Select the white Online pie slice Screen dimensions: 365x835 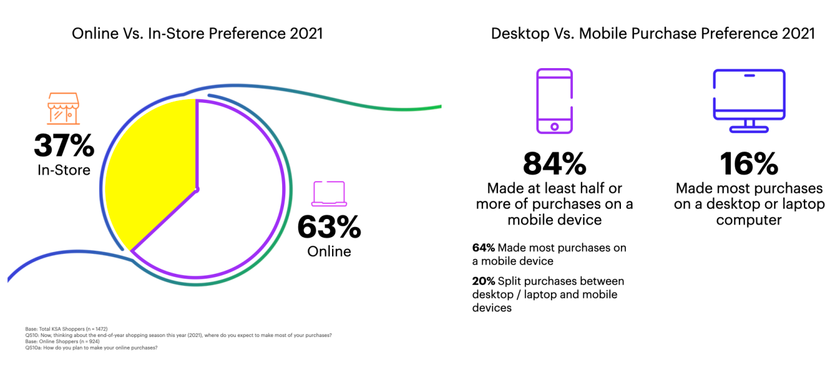pyautogui.click(x=237, y=207)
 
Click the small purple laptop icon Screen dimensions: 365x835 pyautogui.click(x=329, y=194)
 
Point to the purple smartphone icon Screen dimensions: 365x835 pyautogui.click(x=554, y=101)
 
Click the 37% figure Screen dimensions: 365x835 pyautogui.click(x=64, y=146)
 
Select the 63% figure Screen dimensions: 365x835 pyautogui.click(x=329, y=228)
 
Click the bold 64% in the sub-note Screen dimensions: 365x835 pyautogui.click(x=483, y=248)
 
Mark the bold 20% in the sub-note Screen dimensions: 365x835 pyautogui.click(x=483, y=281)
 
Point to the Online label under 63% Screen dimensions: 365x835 pyautogui.click(x=329, y=251)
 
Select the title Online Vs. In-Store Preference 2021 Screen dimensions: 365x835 pyautogui.click(x=197, y=33)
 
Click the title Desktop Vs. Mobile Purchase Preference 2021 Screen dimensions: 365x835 pyautogui.click(x=653, y=33)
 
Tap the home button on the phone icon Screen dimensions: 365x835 pyautogui.click(x=554, y=127)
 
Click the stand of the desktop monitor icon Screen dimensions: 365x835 pyautogui.click(x=749, y=125)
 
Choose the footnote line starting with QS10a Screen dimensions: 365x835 pyautogui.click(x=91, y=347)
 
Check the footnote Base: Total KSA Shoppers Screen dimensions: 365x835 pyautogui.click(x=66, y=329)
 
